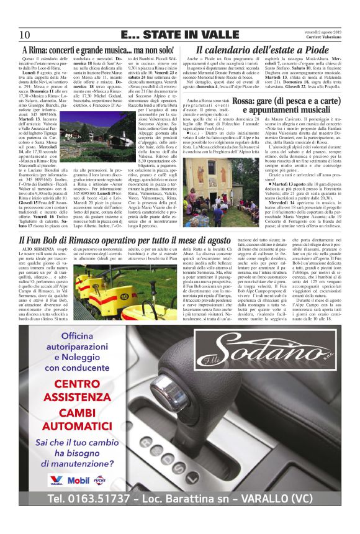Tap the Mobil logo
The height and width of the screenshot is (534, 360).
(x=78, y=480)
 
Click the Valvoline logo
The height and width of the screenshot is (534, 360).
(x=56, y=480)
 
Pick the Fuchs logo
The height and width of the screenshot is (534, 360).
(x=100, y=480)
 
